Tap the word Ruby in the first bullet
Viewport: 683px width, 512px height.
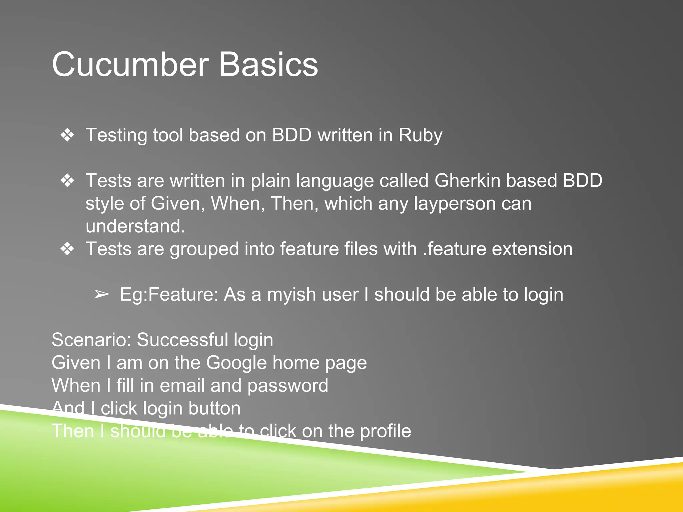tap(420, 135)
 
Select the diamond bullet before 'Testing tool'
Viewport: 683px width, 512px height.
tap(67, 135)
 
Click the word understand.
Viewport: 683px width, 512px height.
tap(135, 226)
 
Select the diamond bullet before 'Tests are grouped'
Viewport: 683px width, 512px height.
tap(67, 249)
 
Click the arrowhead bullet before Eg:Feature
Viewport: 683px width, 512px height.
tap(102, 294)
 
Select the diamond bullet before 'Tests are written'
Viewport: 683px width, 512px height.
tap(67, 181)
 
